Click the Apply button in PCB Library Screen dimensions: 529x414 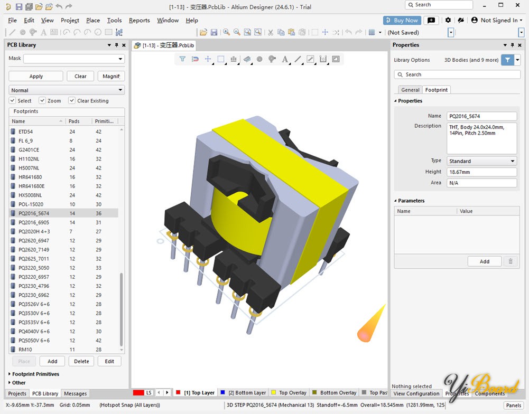coord(36,76)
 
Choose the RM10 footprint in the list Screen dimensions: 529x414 coord(25,350)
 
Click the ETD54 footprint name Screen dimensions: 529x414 coord(26,132)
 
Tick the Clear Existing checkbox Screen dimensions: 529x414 coord(71,100)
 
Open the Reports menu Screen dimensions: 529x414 coord(139,20)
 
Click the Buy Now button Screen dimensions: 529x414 coord(402,20)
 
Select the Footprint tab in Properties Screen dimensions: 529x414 coord(436,90)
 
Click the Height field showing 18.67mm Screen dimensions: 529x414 coord(481,172)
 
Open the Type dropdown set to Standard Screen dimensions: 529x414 coord(481,161)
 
